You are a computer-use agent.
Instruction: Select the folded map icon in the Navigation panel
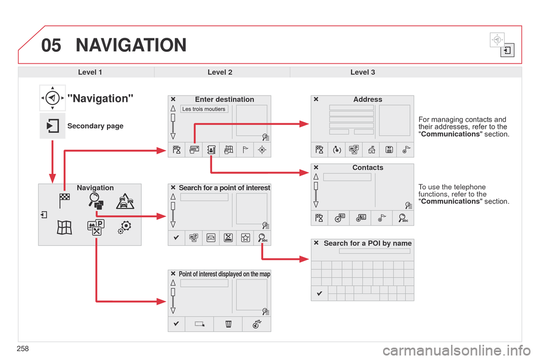(x=65, y=227)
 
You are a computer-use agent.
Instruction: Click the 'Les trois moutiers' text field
(x=204, y=109)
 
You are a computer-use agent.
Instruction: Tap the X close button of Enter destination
(x=174, y=100)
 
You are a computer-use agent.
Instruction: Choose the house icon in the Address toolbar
(x=371, y=148)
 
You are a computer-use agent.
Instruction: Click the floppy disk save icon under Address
(x=388, y=148)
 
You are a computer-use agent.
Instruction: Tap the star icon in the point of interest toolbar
(x=245, y=238)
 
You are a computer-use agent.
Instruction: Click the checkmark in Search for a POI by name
(x=319, y=293)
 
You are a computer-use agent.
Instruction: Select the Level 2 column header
(x=220, y=72)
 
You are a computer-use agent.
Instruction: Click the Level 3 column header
(x=362, y=72)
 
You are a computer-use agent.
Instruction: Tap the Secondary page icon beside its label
(x=52, y=125)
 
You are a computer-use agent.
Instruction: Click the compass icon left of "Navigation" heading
(x=52, y=98)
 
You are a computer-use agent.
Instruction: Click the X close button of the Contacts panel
(x=316, y=168)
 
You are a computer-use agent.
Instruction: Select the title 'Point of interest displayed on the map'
(x=224, y=274)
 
